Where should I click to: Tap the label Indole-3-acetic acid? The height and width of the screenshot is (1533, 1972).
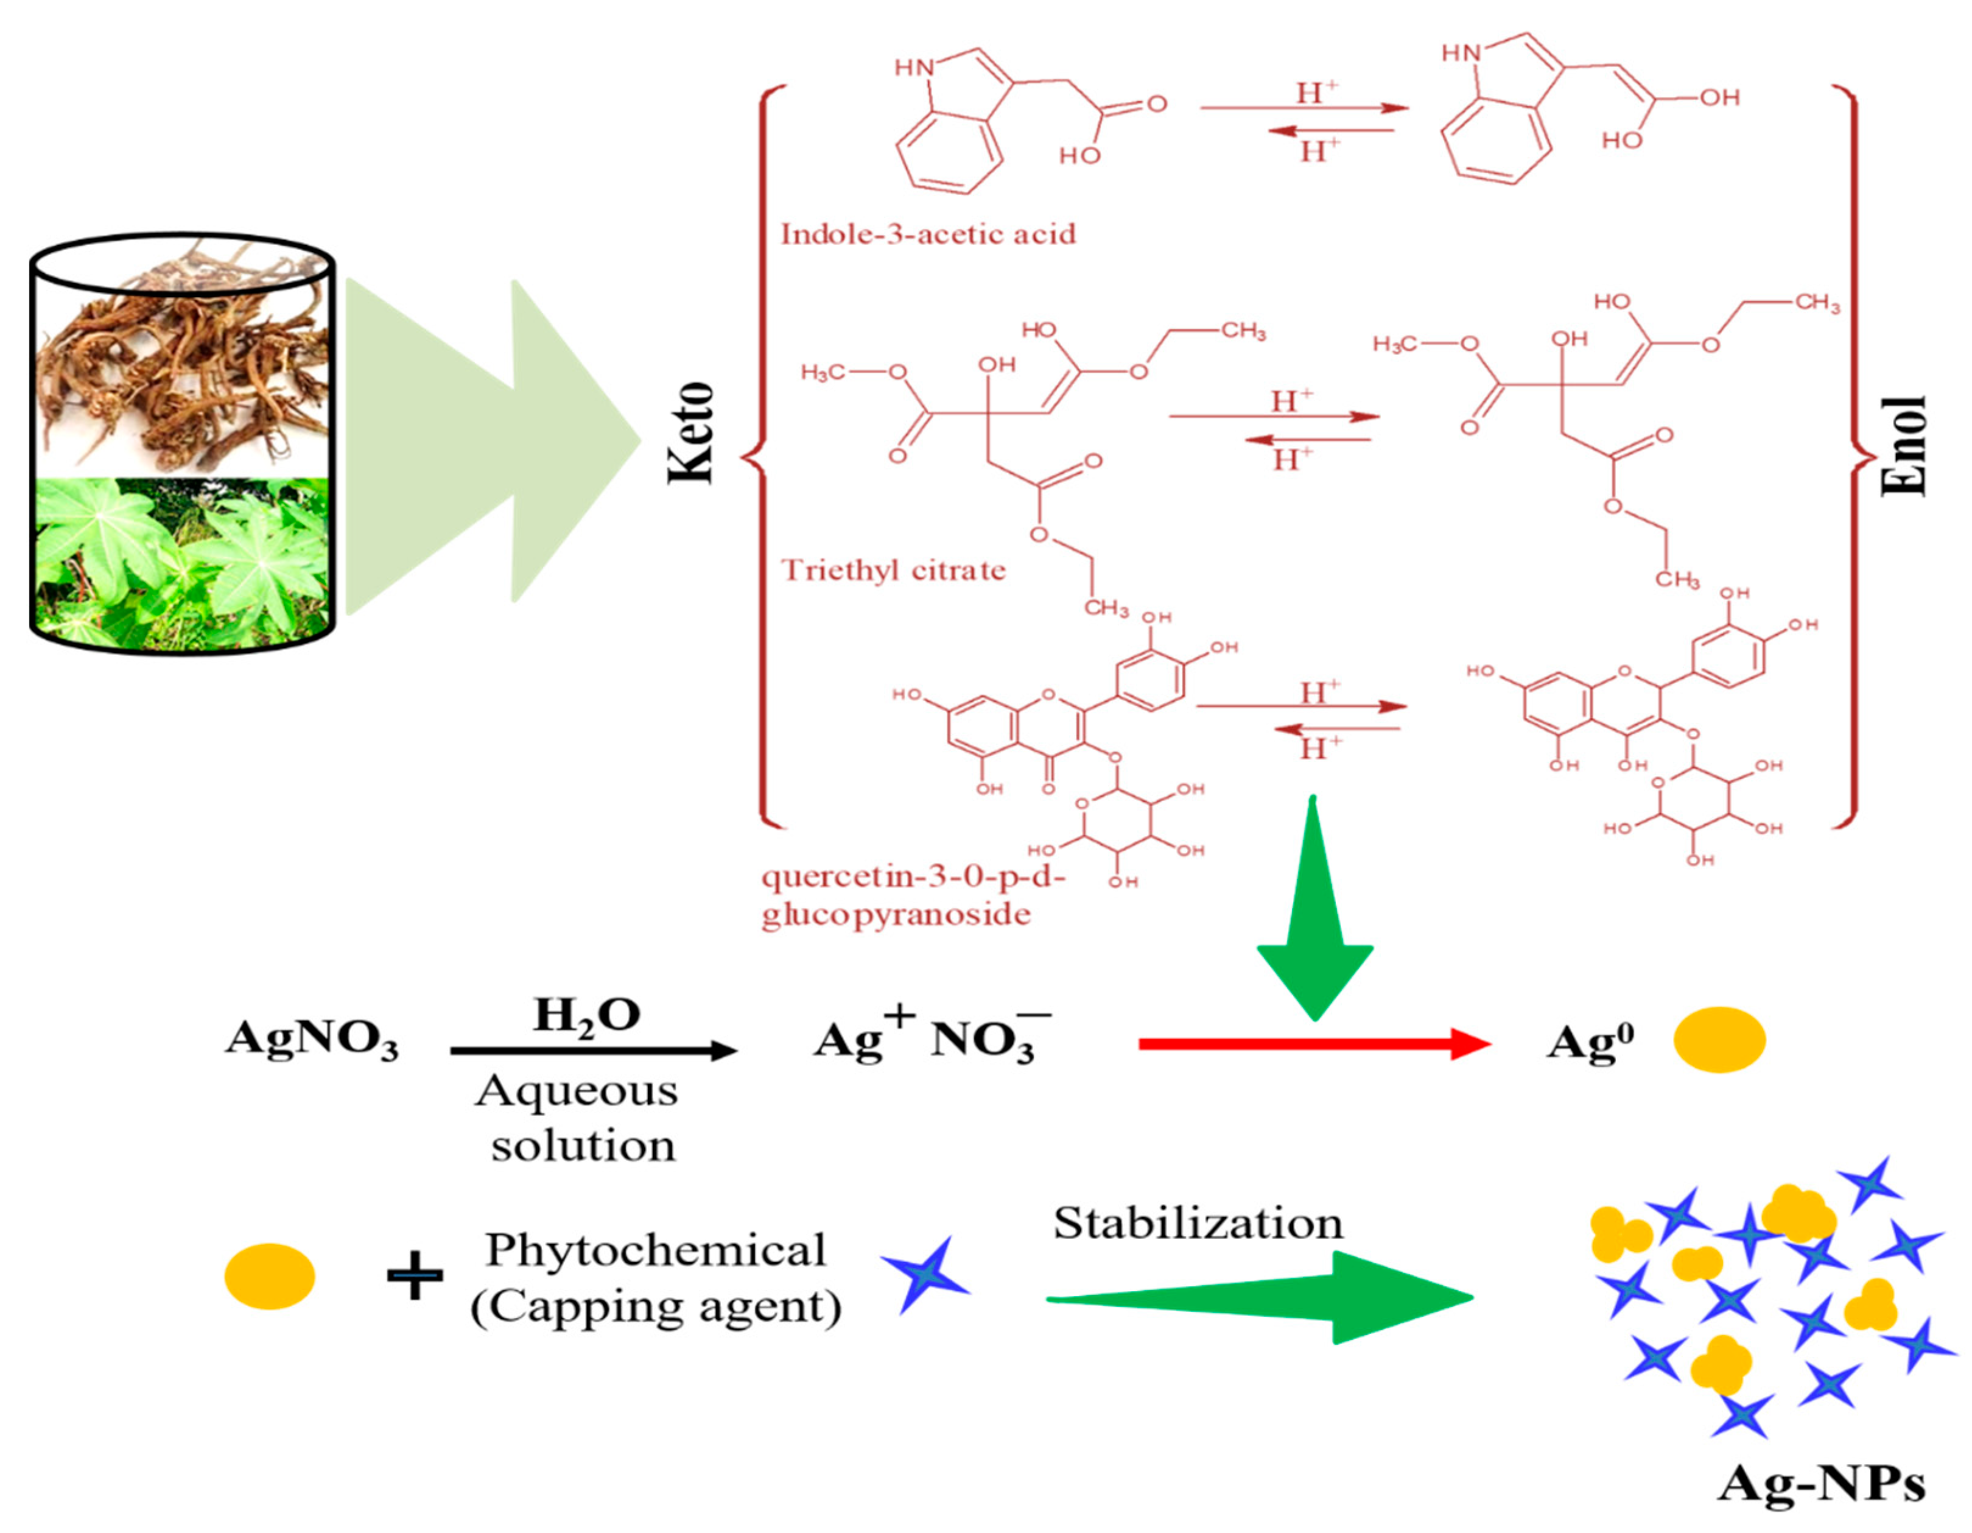[x=927, y=235]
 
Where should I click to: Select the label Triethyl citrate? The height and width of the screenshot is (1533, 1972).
[x=892, y=570]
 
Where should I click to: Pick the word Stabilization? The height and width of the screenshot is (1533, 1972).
[x=1198, y=1224]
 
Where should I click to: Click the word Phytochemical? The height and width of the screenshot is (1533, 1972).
[x=656, y=1250]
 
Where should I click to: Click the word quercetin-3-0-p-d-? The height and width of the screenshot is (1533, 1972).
[x=913, y=876]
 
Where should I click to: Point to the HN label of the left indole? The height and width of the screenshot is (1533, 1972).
[x=914, y=67]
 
